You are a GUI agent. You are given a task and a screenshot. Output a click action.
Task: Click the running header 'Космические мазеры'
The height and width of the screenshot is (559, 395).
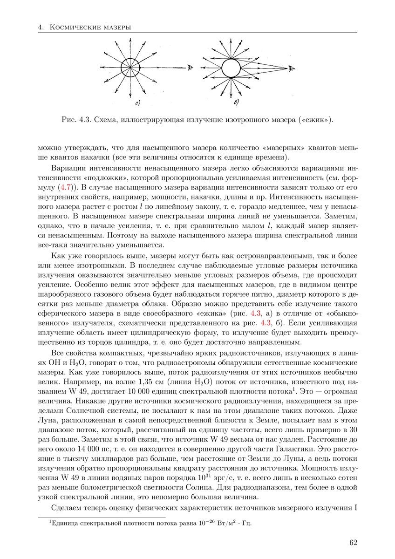point(88,27)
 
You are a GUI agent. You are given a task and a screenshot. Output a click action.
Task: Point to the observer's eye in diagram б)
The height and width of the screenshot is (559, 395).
point(291,69)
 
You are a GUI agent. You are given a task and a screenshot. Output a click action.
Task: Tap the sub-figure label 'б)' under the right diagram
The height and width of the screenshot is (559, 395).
point(236,102)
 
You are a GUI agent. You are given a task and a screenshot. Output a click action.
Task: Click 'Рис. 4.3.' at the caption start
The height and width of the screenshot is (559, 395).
point(76,120)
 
